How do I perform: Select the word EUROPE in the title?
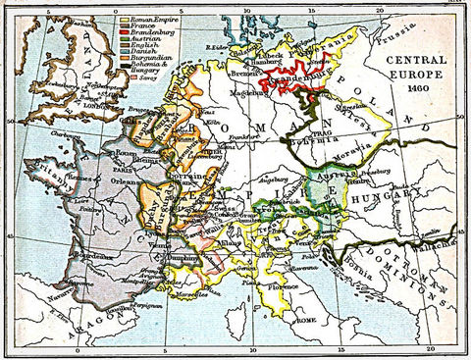click(x=408, y=84)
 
